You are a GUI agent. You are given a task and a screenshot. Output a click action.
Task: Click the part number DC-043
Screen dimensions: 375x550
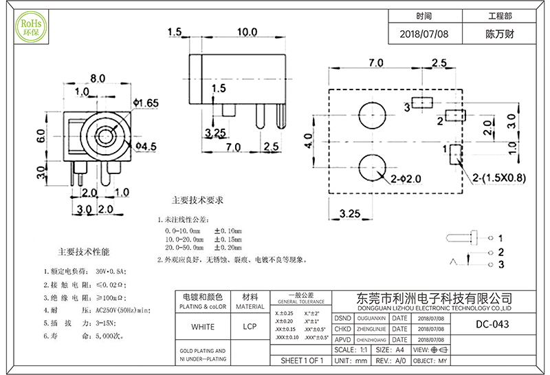click(493, 325)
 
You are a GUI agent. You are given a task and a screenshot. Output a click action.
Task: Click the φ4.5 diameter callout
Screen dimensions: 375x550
click(146, 146)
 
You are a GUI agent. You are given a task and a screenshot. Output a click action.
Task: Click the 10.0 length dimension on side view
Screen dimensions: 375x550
click(247, 32)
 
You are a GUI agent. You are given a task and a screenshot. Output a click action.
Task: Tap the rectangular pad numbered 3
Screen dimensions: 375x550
click(423, 105)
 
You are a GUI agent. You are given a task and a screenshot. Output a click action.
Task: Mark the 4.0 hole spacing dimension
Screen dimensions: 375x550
click(309, 144)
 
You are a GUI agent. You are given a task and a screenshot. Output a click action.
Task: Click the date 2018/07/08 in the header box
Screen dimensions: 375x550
click(423, 33)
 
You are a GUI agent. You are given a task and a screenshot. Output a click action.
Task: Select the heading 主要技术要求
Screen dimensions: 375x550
click(197, 201)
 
